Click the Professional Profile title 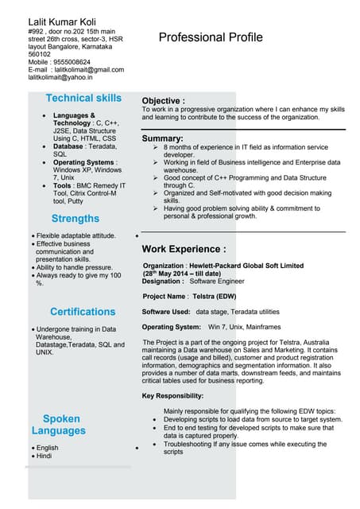click(x=210, y=37)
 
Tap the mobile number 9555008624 click(x=72, y=62)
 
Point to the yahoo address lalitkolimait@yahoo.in click(x=60, y=78)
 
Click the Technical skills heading click(x=83, y=99)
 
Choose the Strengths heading click(x=75, y=219)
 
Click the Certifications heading click(x=83, y=312)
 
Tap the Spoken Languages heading click(x=60, y=425)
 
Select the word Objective click(x=162, y=101)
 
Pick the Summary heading click(x=162, y=138)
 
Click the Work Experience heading click(x=183, y=249)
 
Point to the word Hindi click(x=44, y=456)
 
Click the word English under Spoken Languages click(x=47, y=448)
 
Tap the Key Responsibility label click(x=172, y=395)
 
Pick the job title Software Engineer click(x=217, y=281)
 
